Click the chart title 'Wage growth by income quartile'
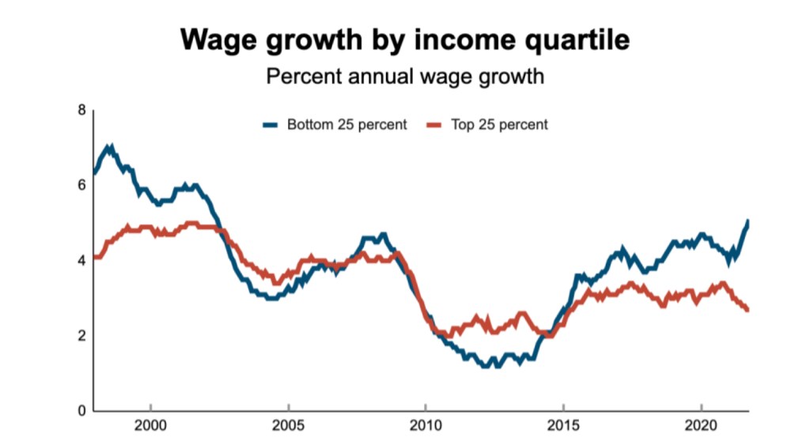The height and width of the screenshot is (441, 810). pos(405,40)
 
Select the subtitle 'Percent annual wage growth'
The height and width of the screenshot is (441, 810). pos(405,77)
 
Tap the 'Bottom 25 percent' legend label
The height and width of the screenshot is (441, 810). pos(347,124)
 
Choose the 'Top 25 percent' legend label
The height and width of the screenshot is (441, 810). pos(498,124)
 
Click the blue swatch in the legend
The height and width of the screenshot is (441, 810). pos(271,125)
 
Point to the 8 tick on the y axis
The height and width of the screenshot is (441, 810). pos(81,110)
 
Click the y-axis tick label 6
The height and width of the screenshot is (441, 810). pos(81,185)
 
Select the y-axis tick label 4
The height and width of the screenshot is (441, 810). pos(81,260)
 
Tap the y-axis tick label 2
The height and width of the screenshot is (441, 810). pos(81,336)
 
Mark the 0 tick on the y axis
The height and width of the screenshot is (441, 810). pos(81,411)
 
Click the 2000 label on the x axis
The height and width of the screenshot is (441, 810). pos(150,425)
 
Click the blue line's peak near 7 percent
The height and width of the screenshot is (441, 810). pos(110,148)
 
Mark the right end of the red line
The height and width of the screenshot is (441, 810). pos(747,309)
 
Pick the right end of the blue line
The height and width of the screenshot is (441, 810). pos(748,221)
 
